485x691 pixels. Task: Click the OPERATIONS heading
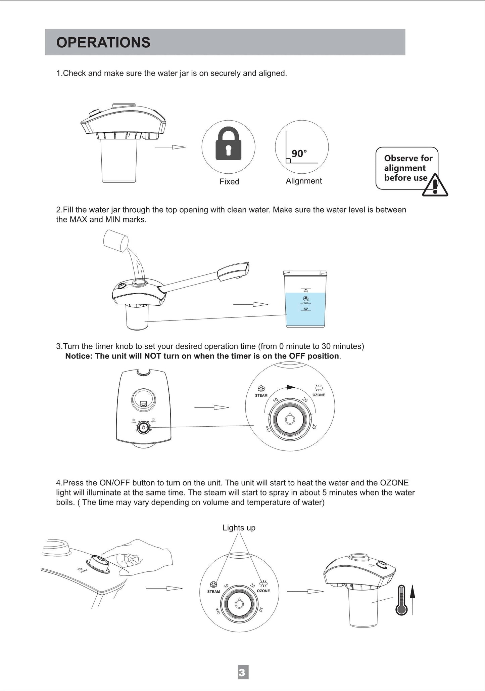(x=103, y=43)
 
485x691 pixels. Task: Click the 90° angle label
(x=299, y=154)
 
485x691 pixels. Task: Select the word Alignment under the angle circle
(x=303, y=181)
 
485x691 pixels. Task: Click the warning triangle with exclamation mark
(x=435, y=186)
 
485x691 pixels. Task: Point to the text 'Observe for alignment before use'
(x=407, y=168)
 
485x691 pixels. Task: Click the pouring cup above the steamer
(x=116, y=240)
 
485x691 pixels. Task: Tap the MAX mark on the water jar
(x=305, y=290)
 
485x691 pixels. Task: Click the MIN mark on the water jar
(x=305, y=309)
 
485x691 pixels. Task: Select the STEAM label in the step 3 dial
(x=261, y=395)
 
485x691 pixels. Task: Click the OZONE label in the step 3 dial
(x=319, y=395)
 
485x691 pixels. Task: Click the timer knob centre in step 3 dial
(x=290, y=420)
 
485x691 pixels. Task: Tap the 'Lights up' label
(x=239, y=528)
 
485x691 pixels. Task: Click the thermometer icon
(x=401, y=600)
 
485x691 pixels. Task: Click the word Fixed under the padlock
(x=229, y=182)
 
